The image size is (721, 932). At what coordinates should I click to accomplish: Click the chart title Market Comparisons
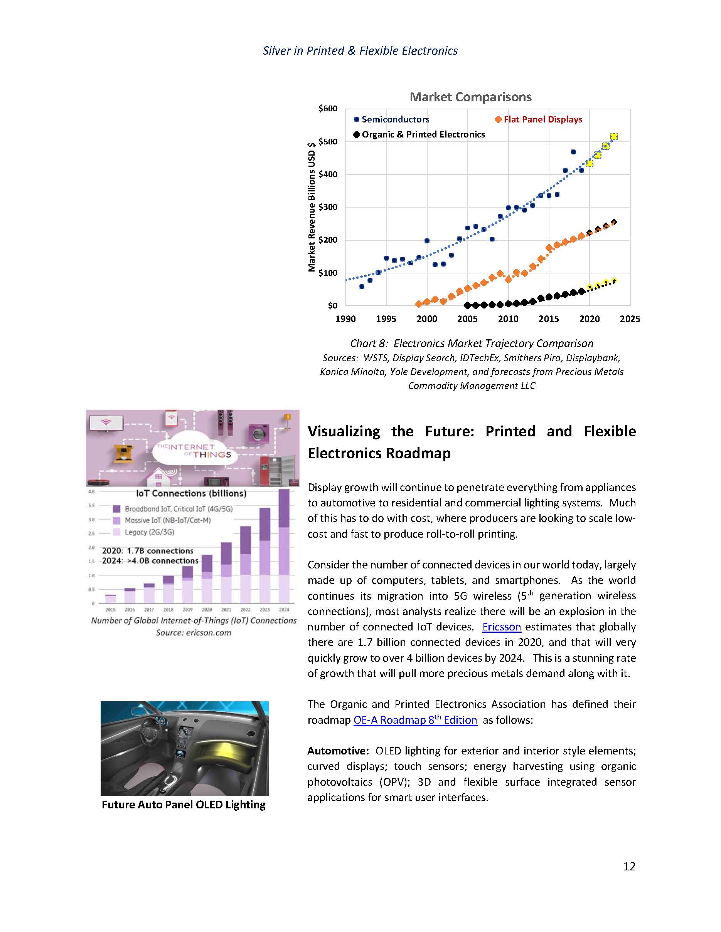[x=470, y=97]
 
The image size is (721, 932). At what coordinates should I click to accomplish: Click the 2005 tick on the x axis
[x=467, y=319]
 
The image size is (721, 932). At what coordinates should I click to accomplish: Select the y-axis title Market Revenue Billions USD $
[x=312, y=207]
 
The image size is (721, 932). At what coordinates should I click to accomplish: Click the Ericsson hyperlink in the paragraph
[x=502, y=627]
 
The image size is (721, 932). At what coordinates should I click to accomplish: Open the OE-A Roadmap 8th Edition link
[x=415, y=720]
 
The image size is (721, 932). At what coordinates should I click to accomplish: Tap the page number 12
[x=629, y=866]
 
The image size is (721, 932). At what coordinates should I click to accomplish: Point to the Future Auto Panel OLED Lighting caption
[x=183, y=805]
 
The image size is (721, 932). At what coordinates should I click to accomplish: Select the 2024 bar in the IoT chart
[x=284, y=546]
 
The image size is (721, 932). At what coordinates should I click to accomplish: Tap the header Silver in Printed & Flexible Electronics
[x=360, y=51]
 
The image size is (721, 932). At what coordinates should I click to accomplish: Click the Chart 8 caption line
[x=472, y=344]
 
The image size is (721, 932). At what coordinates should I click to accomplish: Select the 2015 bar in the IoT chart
[x=111, y=598]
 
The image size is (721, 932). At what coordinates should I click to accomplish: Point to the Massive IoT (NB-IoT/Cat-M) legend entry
[x=167, y=521]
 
